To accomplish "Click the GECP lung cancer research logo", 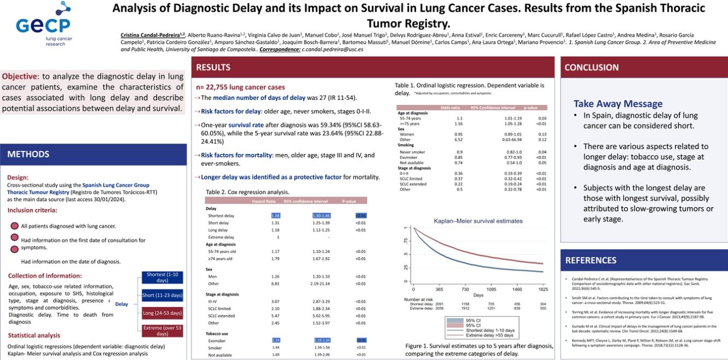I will click(x=43, y=25).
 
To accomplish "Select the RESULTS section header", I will click(x=213, y=68).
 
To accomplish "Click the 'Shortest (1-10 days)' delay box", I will click(x=162, y=277).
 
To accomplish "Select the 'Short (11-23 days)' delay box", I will click(x=162, y=296).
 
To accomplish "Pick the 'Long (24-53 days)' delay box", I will click(x=162, y=313).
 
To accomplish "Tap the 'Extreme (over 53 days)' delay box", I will click(x=162, y=331).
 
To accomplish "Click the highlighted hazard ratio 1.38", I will click(x=275, y=216).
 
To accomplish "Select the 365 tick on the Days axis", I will click(x=440, y=288).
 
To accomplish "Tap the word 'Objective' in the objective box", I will click(x=20, y=76).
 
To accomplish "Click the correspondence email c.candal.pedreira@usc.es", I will click(x=332, y=49).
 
